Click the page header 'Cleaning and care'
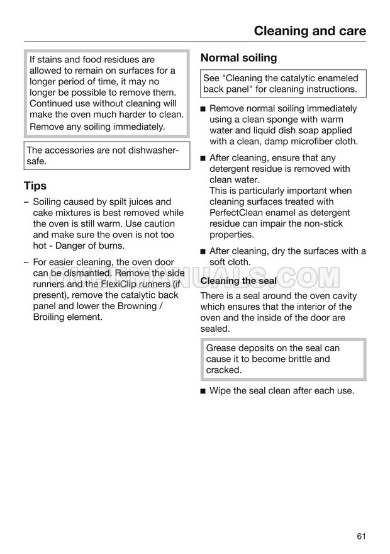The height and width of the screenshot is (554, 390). (309, 30)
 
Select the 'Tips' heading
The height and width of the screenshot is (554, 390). (35, 186)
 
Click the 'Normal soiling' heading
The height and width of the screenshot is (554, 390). (238, 58)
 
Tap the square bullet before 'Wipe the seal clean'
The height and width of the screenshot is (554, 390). (203, 391)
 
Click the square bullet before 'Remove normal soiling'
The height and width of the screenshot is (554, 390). (203, 109)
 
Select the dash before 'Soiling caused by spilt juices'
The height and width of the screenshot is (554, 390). (26, 202)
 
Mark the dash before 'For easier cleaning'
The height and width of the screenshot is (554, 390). (26, 263)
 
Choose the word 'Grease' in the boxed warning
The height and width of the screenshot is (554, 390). (221, 348)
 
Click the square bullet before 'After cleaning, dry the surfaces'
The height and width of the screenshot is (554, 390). (203, 252)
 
